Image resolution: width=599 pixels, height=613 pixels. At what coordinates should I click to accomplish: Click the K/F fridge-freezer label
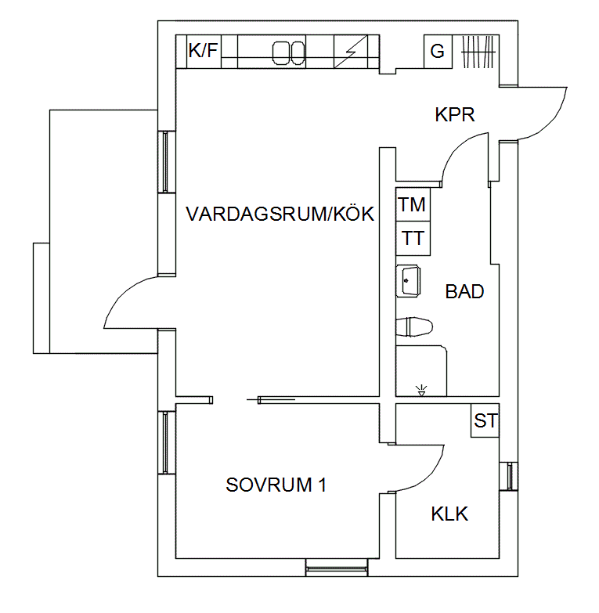203,51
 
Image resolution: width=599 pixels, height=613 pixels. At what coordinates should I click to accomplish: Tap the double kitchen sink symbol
289,53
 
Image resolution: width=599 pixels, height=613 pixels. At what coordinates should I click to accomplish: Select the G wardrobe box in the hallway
438,52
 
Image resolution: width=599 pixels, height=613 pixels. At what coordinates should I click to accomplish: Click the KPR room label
455,114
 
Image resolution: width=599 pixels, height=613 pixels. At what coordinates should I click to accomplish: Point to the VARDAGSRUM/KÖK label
280,214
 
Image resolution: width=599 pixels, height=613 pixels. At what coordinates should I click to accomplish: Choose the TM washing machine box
413,204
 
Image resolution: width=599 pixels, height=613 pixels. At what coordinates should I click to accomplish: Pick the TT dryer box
413,239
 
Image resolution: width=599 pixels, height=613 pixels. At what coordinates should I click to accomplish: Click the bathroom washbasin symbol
408,281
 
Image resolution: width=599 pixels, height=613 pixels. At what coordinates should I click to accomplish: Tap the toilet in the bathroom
414,326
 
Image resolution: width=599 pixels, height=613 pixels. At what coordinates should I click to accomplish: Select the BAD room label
464,292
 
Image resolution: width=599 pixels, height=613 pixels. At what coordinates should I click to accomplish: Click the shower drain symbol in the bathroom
421,391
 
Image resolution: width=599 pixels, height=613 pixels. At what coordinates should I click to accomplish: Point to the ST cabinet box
485,420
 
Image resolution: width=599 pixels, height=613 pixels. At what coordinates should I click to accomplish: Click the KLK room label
449,514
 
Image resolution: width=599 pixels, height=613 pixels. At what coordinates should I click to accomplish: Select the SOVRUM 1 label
276,485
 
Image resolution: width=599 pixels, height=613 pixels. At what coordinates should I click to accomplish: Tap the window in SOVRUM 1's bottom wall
337,568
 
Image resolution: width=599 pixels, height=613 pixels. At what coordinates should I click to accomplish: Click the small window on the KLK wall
509,476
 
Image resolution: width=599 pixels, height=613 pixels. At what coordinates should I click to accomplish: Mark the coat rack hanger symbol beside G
478,52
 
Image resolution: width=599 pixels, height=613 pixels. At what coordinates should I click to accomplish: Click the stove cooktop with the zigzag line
351,52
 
